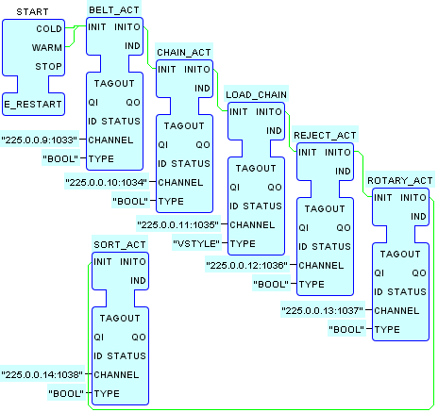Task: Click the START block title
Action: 32,12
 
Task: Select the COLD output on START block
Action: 49,29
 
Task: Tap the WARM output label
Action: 47,48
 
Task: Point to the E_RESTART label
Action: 33,105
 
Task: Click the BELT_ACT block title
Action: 114,10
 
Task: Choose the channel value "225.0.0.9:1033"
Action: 40,140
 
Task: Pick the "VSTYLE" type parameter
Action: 196,243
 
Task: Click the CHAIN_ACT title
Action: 184,53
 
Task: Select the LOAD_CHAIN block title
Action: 257,95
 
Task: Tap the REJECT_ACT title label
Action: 325,136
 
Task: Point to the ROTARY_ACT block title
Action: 400,181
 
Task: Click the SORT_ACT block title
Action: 120,244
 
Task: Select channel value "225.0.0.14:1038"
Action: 42,374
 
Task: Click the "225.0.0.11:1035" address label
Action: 178,224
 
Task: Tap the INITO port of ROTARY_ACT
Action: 413,198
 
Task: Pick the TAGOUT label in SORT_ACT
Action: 120,319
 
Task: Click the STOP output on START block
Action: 48,67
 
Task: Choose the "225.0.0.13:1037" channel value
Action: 322,310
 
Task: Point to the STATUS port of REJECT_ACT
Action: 331,247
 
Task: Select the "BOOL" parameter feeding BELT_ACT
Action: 60,158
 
